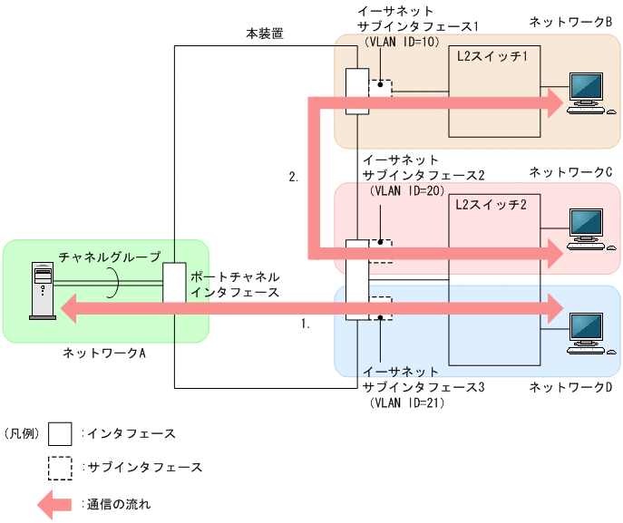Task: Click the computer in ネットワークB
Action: [x=585, y=92]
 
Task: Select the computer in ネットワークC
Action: [x=585, y=228]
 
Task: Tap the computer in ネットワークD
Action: [x=585, y=332]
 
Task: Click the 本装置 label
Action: [x=265, y=34]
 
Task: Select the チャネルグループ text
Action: [x=109, y=257]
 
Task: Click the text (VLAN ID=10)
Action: [x=401, y=41]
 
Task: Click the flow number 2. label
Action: [x=294, y=178]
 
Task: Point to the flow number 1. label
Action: [x=305, y=323]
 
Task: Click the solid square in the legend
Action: [x=61, y=434]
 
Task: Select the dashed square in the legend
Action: [x=61, y=468]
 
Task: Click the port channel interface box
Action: [x=174, y=282]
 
